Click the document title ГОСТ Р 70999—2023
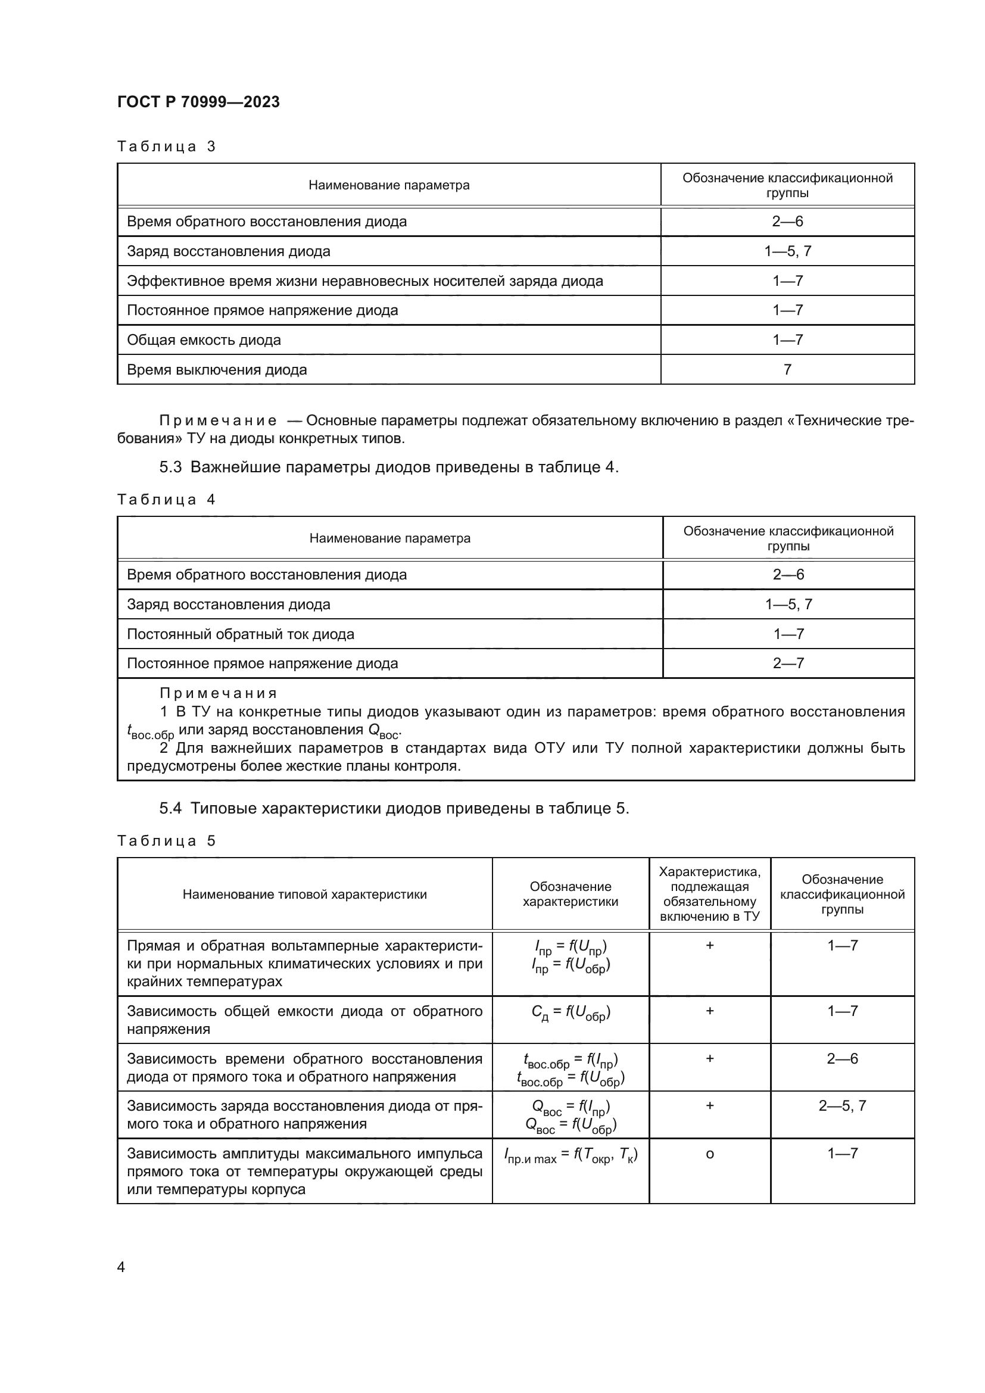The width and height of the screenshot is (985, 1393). click(x=198, y=102)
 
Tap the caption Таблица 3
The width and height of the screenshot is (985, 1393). click(x=166, y=147)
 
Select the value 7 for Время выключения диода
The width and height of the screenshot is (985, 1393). click(x=787, y=369)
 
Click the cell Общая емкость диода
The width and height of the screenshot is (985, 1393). click(x=204, y=339)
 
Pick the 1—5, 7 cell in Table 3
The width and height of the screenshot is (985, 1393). click(x=787, y=251)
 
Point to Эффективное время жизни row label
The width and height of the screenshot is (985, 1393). click(x=364, y=281)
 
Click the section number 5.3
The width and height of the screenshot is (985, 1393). click(x=170, y=467)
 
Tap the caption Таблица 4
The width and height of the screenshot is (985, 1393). click(x=166, y=500)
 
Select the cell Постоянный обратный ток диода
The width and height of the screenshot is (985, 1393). click(x=240, y=634)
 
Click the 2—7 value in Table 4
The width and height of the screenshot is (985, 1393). click(x=788, y=663)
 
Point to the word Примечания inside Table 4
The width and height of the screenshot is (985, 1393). click(x=219, y=693)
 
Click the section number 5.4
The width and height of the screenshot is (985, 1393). click(x=170, y=809)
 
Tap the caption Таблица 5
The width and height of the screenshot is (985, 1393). click(x=166, y=841)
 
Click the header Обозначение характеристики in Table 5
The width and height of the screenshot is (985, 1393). click(x=570, y=895)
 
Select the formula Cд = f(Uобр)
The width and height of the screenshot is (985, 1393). click(x=570, y=1012)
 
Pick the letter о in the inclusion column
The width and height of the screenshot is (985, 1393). click(x=710, y=1154)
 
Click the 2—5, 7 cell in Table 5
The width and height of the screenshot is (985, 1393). click(x=842, y=1105)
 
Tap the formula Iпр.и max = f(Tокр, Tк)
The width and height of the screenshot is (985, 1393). click(x=570, y=1156)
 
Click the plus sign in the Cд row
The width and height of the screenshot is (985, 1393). click(x=710, y=1011)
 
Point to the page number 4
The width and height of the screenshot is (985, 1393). click(x=121, y=1267)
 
